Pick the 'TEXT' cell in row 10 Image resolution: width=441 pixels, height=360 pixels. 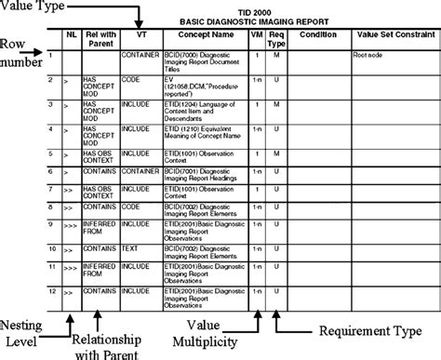133,249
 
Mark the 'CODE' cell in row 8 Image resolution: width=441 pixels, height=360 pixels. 133,205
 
